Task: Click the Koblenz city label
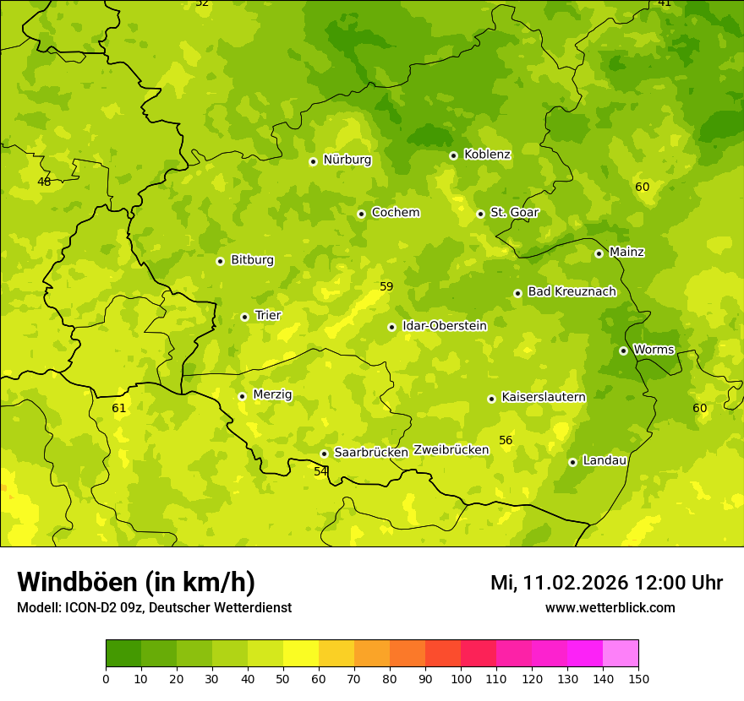[487, 155]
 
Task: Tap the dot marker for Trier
[244, 317]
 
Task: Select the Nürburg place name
[347, 160]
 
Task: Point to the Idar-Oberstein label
[445, 326]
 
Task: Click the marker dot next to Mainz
[599, 253]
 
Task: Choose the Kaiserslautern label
[544, 397]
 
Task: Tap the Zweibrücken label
[451, 450]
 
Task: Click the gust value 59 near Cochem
[386, 287]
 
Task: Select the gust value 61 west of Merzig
[119, 409]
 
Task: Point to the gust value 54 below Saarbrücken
[320, 471]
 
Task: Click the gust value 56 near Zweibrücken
[506, 441]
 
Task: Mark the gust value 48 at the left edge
[44, 182]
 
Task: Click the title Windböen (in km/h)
[136, 582]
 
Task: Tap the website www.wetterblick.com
[610, 608]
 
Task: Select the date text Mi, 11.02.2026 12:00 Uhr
[606, 583]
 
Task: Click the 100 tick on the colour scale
[461, 678]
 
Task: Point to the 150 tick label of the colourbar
[638, 678]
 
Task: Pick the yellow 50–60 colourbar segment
[301, 654]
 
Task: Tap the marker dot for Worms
[623, 350]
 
